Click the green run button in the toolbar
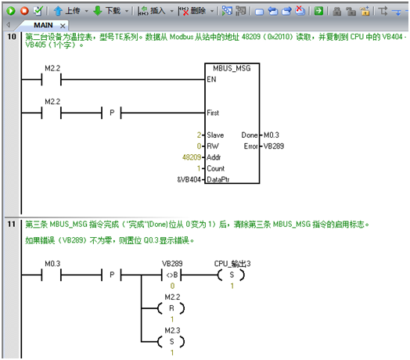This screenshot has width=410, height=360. point(11,11)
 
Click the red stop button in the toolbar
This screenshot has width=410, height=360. point(24,11)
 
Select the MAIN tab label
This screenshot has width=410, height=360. point(43,25)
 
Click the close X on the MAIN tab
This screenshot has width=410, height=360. point(63,26)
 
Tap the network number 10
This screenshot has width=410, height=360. point(12,37)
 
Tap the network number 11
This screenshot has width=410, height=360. point(12,224)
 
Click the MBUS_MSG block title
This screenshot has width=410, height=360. point(232,69)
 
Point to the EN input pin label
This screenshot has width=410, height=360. point(211,79)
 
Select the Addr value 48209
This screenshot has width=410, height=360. point(192,157)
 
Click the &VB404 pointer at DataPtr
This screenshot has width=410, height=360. point(189,180)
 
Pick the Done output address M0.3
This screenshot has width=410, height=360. point(272,135)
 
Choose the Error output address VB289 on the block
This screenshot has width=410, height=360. point(274,146)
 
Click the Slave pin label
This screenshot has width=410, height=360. point(215,135)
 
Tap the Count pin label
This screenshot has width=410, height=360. point(216,168)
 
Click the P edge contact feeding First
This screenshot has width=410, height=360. point(112,113)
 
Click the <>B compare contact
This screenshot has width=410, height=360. point(172,275)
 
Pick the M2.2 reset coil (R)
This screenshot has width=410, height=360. point(171,308)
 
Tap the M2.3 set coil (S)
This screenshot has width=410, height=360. point(171,342)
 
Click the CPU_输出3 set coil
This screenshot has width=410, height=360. point(232,275)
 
